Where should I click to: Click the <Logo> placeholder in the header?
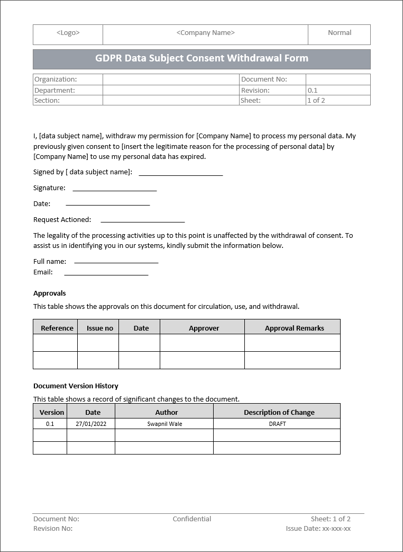pyautogui.click(x=68, y=33)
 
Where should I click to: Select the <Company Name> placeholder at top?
pyautogui.click(x=205, y=33)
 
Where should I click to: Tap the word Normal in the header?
pyautogui.click(x=339, y=33)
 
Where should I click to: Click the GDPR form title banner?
pyautogui.click(x=201, y=59)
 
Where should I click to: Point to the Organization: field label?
pyautogui.click(x=56, y=79)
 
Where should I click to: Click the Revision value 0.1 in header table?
pyautogui.click(x=313, y=91)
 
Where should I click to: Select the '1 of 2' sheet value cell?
pyautogui.click(x=316, y=101)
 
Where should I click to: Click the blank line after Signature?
pyautogui.click(x=114, y=189)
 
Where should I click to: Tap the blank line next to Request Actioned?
pyautogui.click(x=142, y=221)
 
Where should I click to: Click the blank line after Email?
pyautogui.click(x=106, y=274)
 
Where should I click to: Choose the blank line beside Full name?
pyautogui.click(x=116, y=262)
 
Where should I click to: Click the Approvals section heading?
pyautogui.click(x=50, y=293)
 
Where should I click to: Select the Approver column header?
pyautogui.click(x=204, y=328)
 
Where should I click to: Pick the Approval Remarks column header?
pyautogui.click(x=294, y=328)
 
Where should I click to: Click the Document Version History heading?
pyautogui.click(x=76, y=386)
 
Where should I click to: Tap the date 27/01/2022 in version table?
pyautogui.click(x=91, y=424)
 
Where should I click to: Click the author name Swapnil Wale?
pyautogui.click(x=164, y=424)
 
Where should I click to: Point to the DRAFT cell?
pyautogui.click(x=277, y=424)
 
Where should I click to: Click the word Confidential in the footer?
pyautogui.click(x=192, y=519)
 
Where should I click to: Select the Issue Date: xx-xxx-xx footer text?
pyautogui.click(x=318, y=529)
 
